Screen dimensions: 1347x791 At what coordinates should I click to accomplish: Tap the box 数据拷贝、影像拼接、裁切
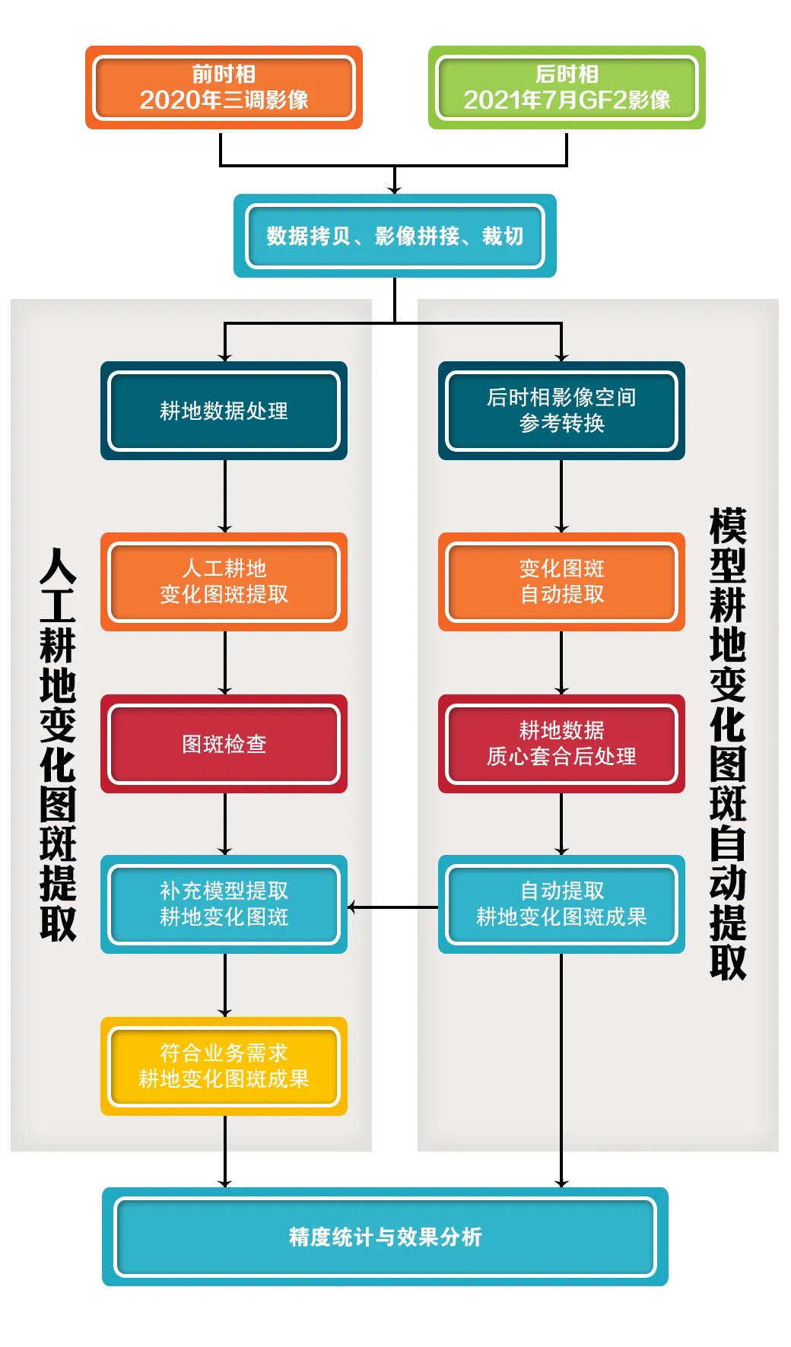[x=395, y=236]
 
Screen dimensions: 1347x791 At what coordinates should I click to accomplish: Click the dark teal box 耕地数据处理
[x=224, y=411]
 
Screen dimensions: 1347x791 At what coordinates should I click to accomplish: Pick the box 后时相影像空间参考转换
[x=561, y=411]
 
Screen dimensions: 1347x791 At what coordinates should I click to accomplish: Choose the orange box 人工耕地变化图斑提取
[x=224, y=582]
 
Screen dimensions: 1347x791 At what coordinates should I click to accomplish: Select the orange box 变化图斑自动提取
[x=561, y=582]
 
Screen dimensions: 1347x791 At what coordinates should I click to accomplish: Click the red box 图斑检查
[x=224, y=744]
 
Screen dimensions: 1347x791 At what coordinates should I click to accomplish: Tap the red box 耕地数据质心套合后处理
[x=561, y=744]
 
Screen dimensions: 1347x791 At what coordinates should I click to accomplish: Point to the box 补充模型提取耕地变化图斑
[x=224, y=904]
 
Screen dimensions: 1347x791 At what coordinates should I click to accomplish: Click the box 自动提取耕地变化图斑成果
[x=561, y=904]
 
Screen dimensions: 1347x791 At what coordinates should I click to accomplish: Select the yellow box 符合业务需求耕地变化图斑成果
[x=224, y=1066]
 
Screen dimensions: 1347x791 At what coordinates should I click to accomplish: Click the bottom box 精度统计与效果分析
[x=385, y=1237]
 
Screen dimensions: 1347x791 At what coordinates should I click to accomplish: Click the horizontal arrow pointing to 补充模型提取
[x=392, y=907]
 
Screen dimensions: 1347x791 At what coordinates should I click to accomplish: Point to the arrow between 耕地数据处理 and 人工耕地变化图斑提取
[x=224, y=496]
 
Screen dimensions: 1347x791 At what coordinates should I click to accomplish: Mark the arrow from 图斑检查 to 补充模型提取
[x=224, y=824]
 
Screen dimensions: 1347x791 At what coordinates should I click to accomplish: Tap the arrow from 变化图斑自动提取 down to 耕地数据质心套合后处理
[x=561, y=662]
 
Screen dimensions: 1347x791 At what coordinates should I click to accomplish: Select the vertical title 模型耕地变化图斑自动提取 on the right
[x=728, y=744]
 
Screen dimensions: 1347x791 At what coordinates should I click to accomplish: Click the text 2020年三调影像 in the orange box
[x=224, y=100]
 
